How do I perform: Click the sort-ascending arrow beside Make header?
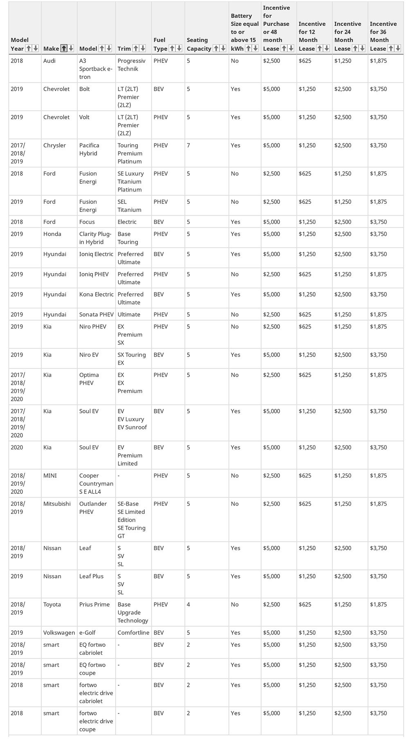coord(64,48)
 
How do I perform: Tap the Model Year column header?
coord(19,44)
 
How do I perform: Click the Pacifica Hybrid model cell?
coord(89,150)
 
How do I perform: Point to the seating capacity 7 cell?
coord(189,145)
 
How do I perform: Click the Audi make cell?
coord(49,61)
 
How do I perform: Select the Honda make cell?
coord(52,234)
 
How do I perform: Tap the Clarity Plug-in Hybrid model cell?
coord(95,238)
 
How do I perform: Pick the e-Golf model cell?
coord(87,633)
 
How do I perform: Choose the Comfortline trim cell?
coord(133,633)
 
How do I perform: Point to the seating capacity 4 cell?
coord(189,605)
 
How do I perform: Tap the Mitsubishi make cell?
coord(57,504)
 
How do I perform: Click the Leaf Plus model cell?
coord(91,576)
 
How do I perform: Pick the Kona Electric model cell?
coord(97,295)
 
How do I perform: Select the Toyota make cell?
coord(52,605)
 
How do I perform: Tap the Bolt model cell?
coord(85,89)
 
